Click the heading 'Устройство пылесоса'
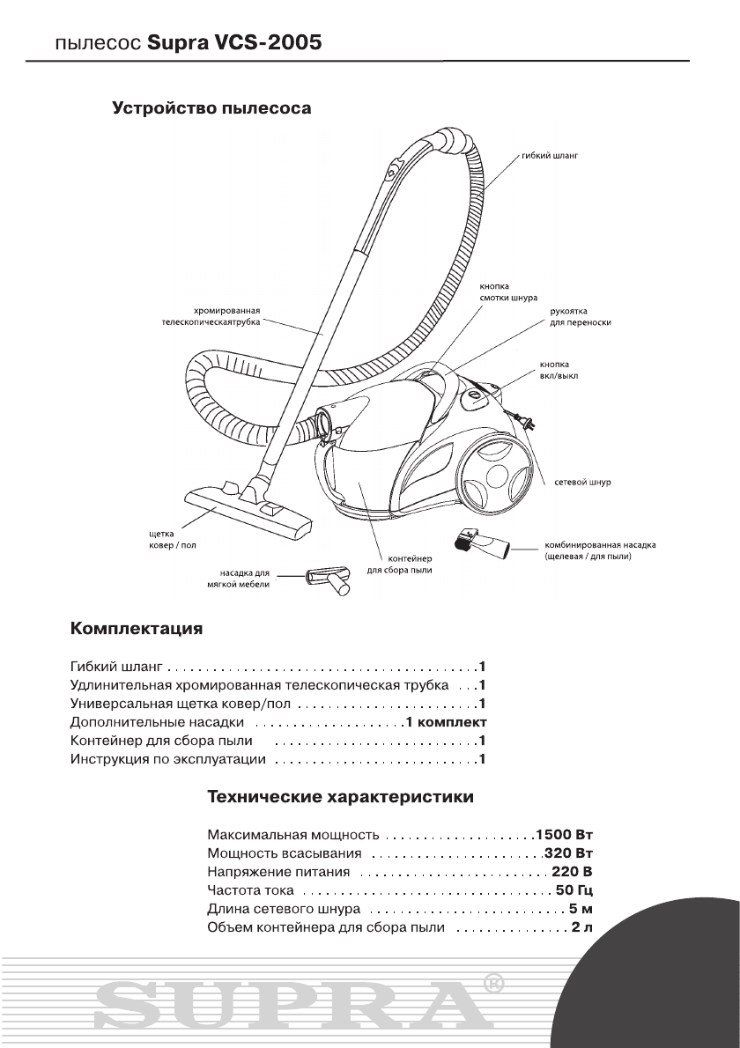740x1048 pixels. click(211, 110)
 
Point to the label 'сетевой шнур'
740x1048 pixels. click(582, 483)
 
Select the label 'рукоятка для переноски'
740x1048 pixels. click(574, 316)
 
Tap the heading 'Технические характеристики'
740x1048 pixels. click(340, 798)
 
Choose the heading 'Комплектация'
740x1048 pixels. click(137, 630)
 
